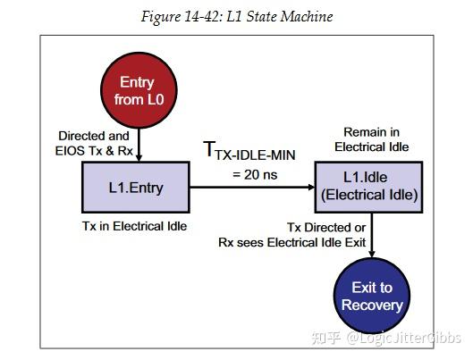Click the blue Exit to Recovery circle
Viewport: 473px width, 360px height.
tap(372, 296)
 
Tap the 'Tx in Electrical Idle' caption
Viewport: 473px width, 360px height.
tap(134, 226)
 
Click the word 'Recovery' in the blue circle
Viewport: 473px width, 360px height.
tap(372, 306)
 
